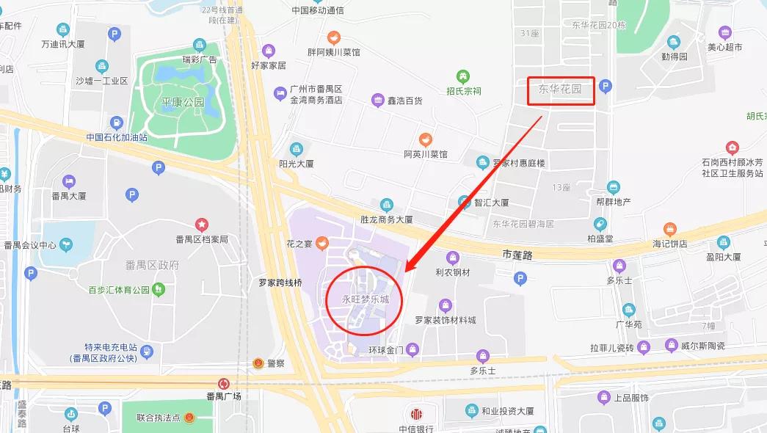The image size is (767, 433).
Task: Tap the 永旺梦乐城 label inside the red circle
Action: coord(365,299)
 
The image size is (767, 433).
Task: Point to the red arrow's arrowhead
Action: coord(408,267)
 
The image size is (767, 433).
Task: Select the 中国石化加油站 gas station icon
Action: coord(116,123)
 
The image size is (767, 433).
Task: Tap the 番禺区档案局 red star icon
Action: coord(201,225)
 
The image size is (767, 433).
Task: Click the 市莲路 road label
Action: coord(519,254)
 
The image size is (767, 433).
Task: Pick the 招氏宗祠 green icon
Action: coord(462,76)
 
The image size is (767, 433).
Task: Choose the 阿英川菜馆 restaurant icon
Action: coord(425,139)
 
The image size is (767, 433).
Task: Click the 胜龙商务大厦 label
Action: coord(386,219)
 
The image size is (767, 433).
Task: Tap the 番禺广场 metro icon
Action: coord(224,383)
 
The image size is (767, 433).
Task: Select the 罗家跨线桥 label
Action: coord(280,282)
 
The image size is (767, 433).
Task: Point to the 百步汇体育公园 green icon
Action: coord(158,289)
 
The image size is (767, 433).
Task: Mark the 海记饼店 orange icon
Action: coord(669,230)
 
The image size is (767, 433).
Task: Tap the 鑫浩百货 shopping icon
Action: coord(377,100)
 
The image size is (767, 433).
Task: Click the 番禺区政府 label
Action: coord(147,265)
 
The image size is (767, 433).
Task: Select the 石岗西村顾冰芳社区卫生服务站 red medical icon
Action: coord(731,148)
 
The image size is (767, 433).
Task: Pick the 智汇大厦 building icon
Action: coord(464,202)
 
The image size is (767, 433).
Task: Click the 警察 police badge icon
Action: coord(258,363)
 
